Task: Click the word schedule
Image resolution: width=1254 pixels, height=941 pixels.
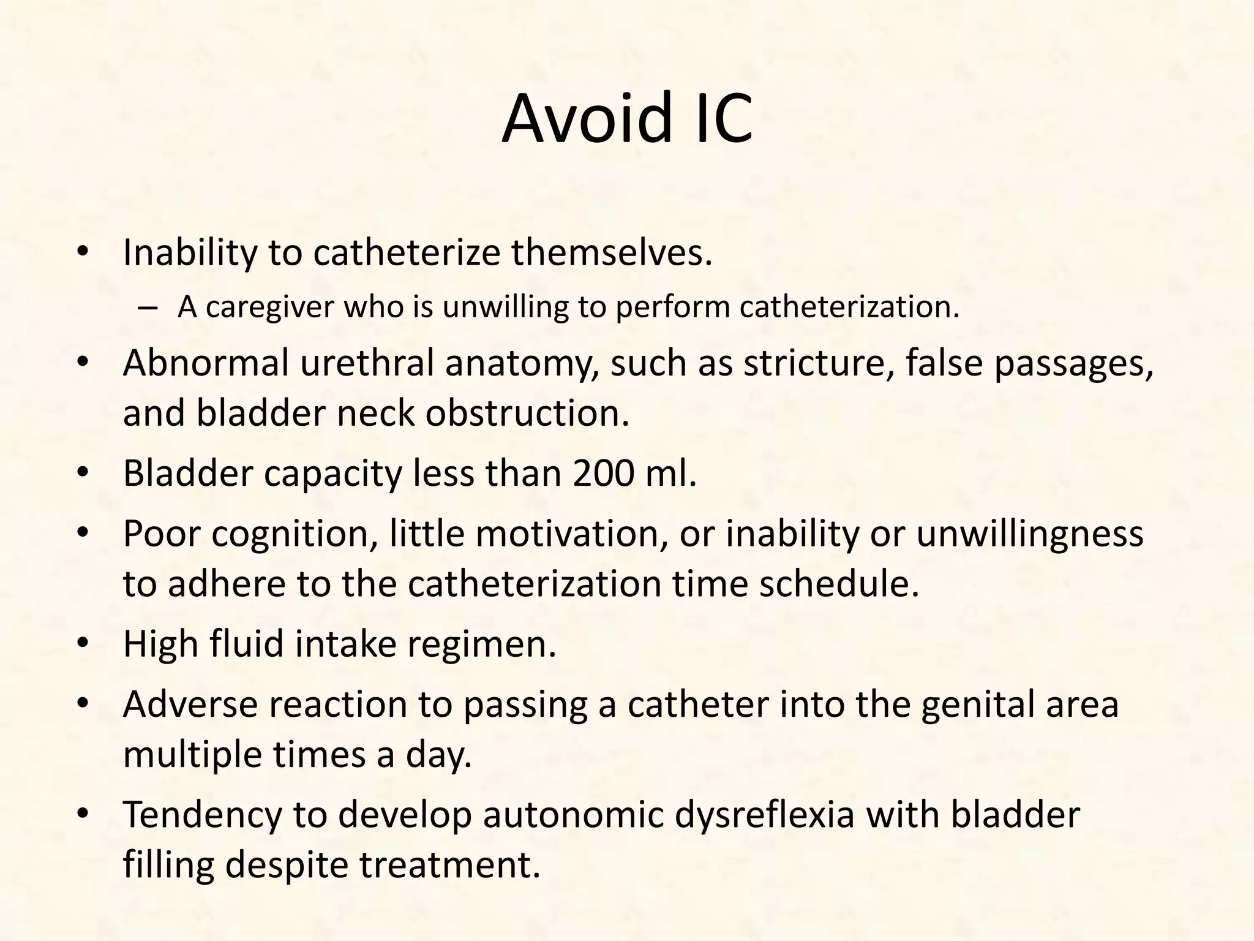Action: [839, 584]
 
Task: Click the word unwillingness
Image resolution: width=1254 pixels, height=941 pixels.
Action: [1029, 534]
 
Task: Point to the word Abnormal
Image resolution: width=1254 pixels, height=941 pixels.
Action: [206, 363]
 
